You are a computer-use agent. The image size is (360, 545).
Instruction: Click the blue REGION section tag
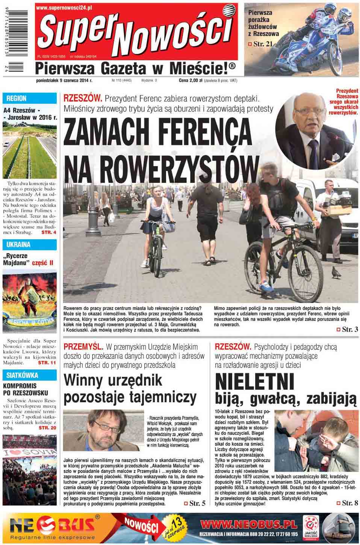(17, 98)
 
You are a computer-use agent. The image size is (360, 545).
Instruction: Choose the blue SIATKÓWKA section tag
(22, 375)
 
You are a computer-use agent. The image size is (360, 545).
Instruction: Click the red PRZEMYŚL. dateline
(83, 347)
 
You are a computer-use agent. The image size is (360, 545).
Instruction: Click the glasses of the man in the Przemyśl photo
(106, 426)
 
